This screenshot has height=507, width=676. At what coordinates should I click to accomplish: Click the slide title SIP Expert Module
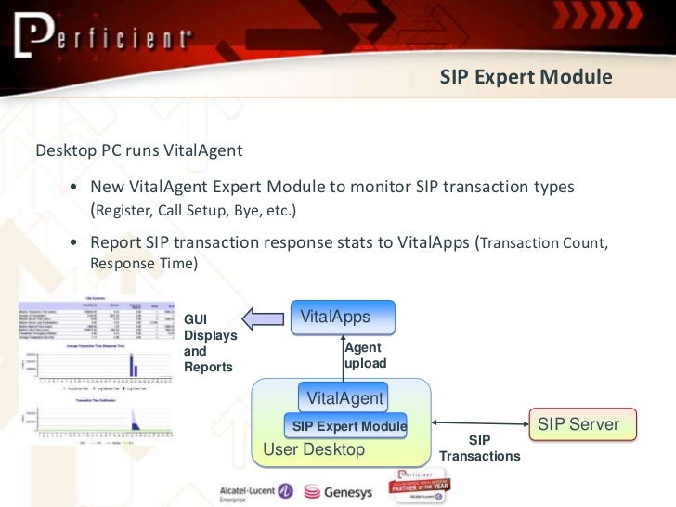tap(526, 77)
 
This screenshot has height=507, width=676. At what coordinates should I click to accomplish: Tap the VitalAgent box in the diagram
tap(344, 398)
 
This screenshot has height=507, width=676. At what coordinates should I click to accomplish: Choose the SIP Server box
tap(582, 424)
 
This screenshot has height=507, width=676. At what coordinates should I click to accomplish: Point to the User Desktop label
tap(315, 450)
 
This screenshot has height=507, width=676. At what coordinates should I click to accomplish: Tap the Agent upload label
tap(365, 356)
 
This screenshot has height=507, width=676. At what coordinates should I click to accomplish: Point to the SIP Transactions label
tap(479, 448)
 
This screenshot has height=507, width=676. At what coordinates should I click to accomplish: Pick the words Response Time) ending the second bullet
tap(143, 264)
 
